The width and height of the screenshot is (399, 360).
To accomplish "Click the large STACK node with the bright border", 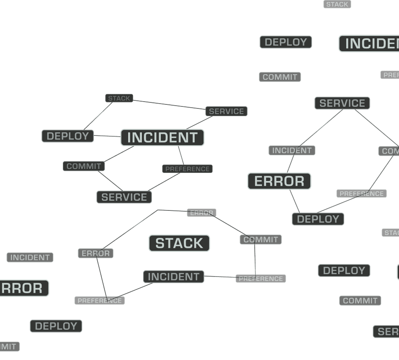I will tap(179, 243).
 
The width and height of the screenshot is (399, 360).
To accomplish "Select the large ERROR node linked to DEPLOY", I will tap(279, 181).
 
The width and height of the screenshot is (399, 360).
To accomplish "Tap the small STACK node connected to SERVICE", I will tap(119, 98).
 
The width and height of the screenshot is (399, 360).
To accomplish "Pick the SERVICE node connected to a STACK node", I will tap(226, 111).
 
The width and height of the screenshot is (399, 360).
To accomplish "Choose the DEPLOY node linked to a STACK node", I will tap(68, 136).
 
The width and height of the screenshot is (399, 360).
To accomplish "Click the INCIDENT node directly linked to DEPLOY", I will tap(162, 138).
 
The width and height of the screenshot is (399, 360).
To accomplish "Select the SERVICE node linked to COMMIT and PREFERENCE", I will tap(124, 197).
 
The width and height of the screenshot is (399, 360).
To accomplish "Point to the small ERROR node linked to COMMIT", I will tap(202, 213).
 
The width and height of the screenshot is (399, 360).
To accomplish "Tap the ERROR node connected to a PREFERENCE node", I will tap(96, 254).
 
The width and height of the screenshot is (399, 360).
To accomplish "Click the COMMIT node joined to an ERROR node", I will tap(261, 239).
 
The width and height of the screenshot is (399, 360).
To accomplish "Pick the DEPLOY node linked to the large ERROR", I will tap(318, 219).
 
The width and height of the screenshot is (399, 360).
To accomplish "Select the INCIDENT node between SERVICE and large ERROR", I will tap(292, 150).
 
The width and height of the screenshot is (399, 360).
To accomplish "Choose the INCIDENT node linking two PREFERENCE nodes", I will tap(173, 277).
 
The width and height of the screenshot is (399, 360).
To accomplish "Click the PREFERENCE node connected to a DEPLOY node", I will tap(361, 194).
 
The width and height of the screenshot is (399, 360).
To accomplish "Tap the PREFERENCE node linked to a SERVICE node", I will tap(187, 169).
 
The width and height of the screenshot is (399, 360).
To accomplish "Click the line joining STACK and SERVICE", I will tap(169, 104).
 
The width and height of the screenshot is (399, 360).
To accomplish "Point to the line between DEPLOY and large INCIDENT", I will tap(107, 137).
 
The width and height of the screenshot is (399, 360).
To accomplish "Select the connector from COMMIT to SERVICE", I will tap(110, 181).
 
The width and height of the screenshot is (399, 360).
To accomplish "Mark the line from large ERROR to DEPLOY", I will tap(295, 201).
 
